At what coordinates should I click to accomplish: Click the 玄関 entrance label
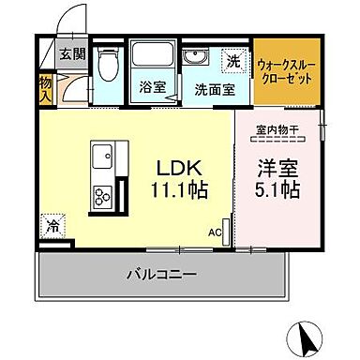[71, 53]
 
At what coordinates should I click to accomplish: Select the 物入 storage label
[46, 86]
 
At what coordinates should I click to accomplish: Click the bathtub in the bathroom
[148, 58]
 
